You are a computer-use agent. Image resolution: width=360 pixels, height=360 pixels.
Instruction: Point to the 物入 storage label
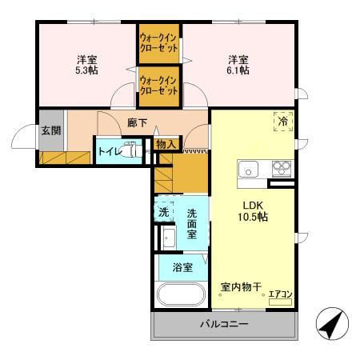point(166,144)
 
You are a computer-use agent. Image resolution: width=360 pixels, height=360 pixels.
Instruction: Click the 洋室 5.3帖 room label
point(87,64)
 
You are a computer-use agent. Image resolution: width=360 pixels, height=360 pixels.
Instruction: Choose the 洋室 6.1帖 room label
point(237,64)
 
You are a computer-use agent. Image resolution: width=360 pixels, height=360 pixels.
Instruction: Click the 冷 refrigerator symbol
point(283,121)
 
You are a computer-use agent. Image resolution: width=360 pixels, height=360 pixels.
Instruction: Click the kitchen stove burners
point(282,169)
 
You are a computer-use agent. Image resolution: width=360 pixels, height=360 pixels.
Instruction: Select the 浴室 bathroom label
point(182,267)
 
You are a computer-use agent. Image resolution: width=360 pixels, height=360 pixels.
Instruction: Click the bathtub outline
point(182,294)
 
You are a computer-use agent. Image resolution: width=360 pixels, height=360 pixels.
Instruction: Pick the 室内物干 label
point(242,286)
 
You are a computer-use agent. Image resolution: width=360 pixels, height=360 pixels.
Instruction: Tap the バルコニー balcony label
point(224,326)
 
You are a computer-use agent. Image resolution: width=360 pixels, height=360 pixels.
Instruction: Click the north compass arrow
point(332,323)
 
